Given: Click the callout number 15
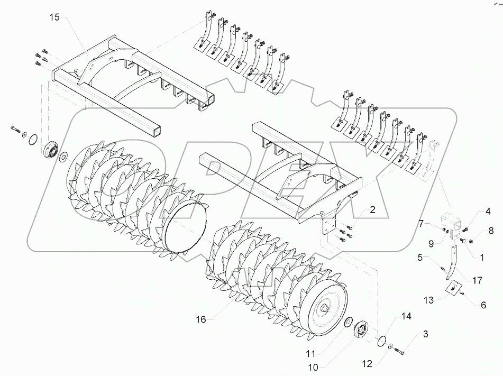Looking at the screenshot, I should point(56,18).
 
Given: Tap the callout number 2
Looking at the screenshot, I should point(373,210).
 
